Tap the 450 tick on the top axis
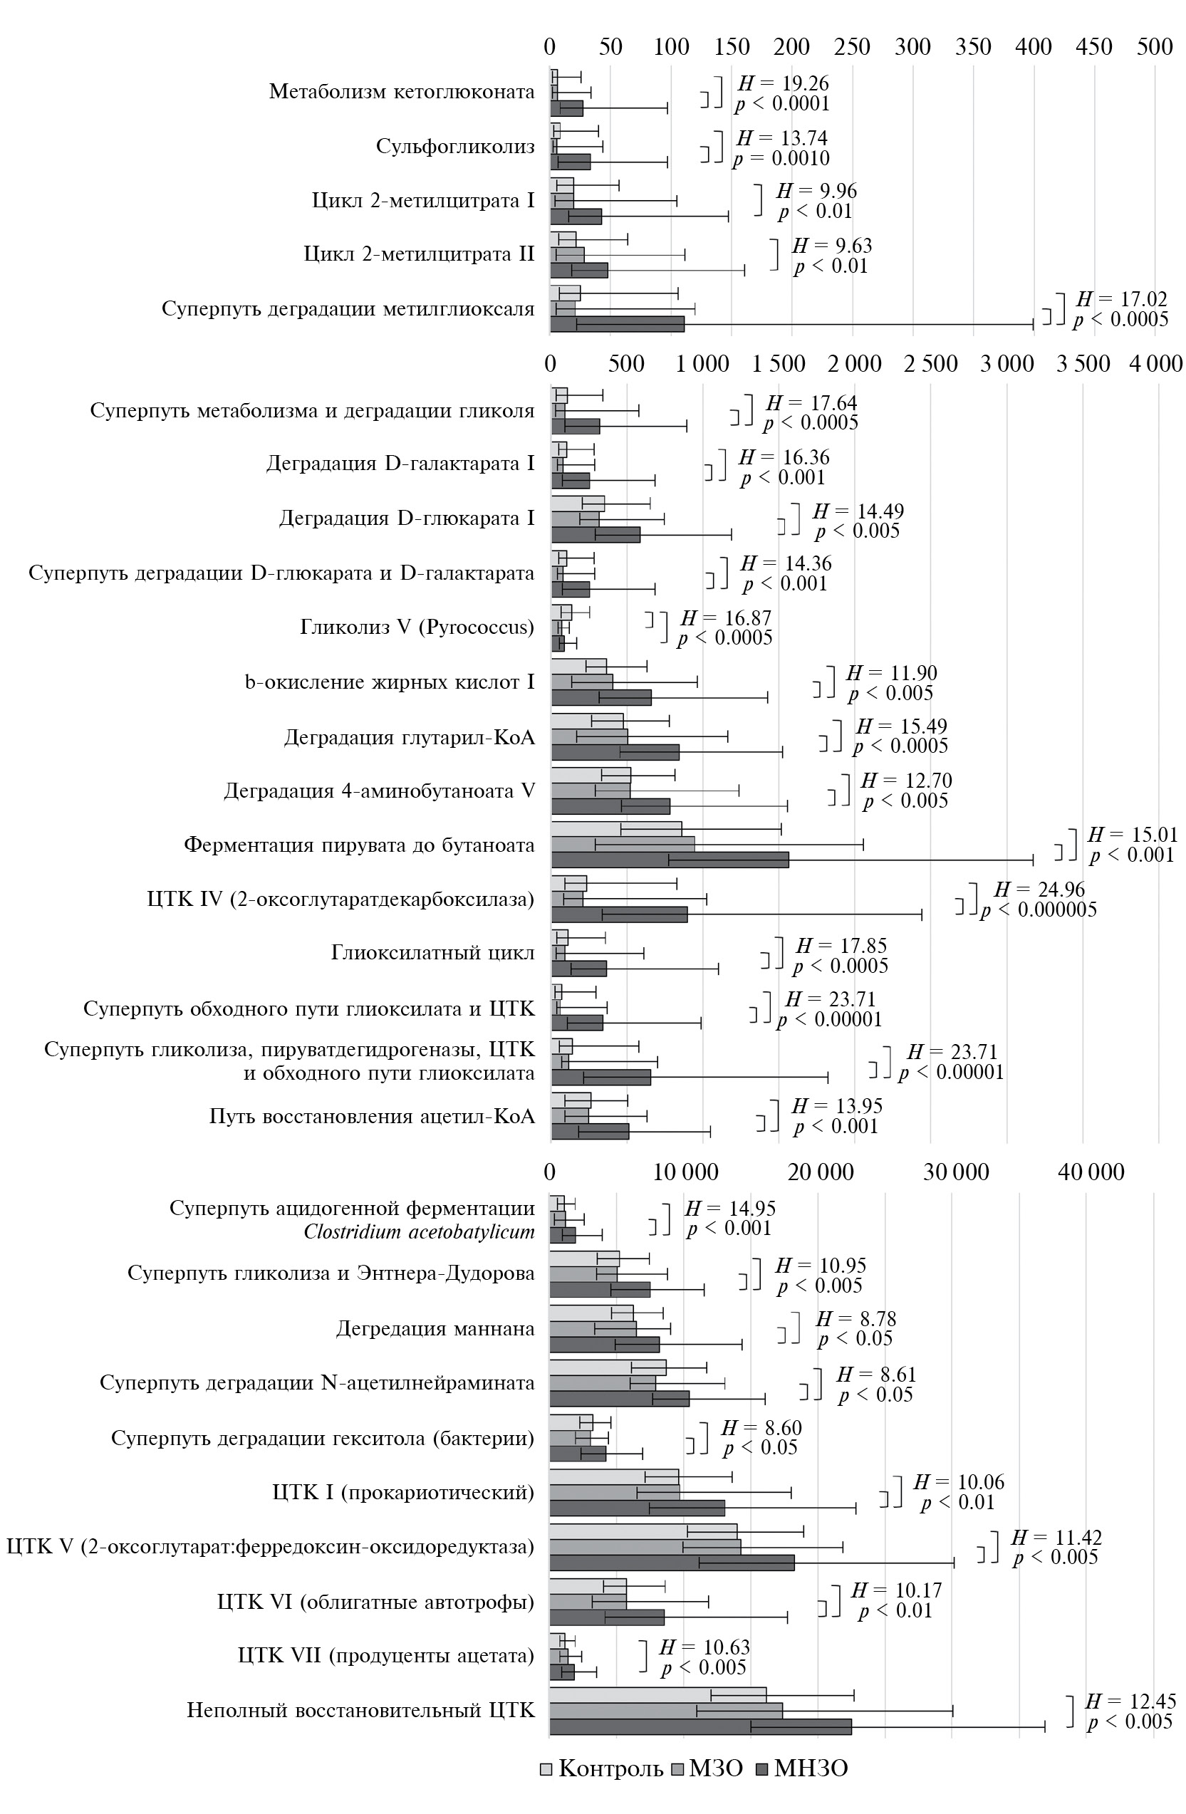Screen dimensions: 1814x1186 click(1094, 46)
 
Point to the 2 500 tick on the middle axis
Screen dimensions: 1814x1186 click(930, 363)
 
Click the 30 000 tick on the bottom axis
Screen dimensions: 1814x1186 click(956, 1172)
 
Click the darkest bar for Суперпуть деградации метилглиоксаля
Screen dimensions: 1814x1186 click(617, 324)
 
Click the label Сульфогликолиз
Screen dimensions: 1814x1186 click(455, 146)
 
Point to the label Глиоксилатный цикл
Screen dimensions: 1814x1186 click(432, 953)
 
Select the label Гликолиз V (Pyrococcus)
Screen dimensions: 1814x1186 click(417, 627)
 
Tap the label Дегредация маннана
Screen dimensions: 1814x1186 click(435, 1328)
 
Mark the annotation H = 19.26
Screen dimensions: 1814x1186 click(783, 83)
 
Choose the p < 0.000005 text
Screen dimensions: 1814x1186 click(1039, 909)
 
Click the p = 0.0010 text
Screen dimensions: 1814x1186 click(781, 158)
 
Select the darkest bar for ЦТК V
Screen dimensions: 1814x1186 click(672, 1563)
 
